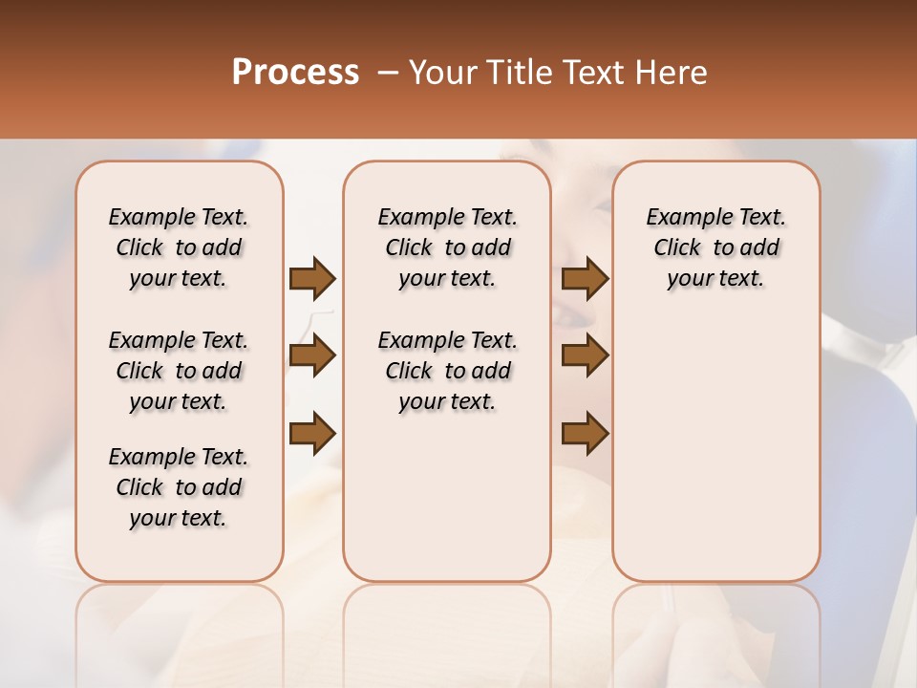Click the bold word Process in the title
[295, 73]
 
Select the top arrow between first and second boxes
[312, 278]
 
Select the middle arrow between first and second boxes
[312, 356]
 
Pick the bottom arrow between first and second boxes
[312, 433]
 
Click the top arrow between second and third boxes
[585, 278]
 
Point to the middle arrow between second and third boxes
[585, 356]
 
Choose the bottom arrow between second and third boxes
[585, 433]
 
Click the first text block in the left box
[179, 247]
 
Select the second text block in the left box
[179, 371]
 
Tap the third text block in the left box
[179, 487]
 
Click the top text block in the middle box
[447, 247]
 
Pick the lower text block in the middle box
[447, 371]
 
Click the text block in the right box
[715, 247]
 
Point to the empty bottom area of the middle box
[447, 506]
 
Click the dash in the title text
[387, 73]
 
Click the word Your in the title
[439, 73]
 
